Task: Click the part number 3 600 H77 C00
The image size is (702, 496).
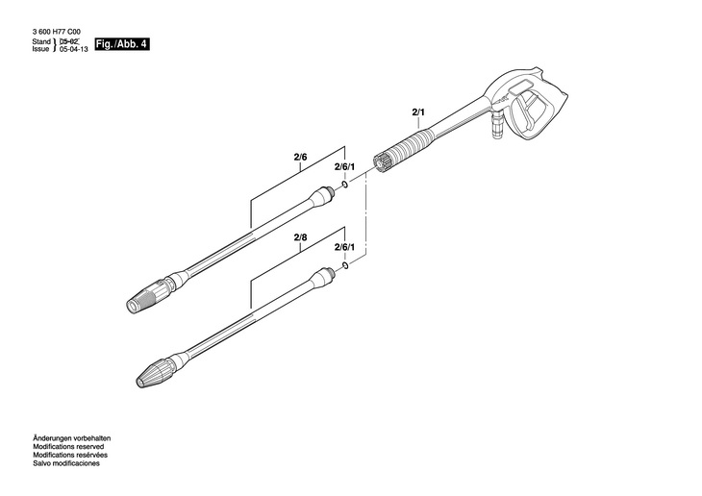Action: click(x=54, y=32)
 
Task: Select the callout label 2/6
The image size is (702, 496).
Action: click(x=300, y=156)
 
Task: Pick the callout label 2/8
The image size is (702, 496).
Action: click(x=300, y=236)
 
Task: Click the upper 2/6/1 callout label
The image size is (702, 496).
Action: click(x=344, y=167)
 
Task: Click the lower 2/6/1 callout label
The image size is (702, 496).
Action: click(x=344, y=248)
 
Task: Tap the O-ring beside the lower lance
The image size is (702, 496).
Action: click(x=345, y=263)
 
